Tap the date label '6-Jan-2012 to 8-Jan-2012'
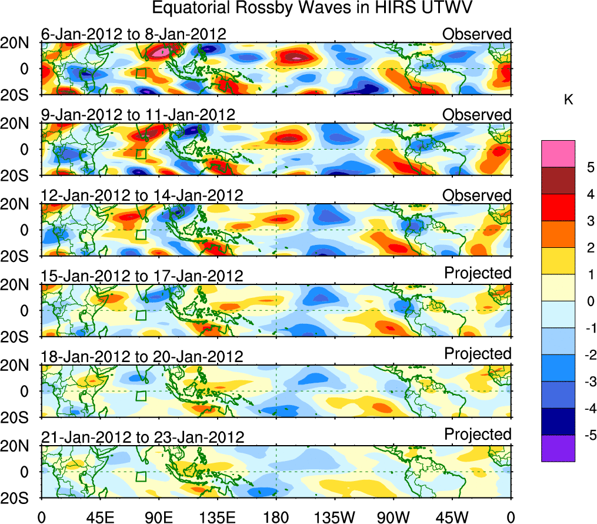tap(134, 34)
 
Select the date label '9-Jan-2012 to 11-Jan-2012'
tap(138, 114)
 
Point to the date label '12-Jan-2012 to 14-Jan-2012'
tap(142, 195)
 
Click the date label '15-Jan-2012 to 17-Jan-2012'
tap(142, 276)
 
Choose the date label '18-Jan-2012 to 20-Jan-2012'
tap(142, 356)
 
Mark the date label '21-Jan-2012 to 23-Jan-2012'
tap(142, 437)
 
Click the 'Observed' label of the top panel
tap(477, 34)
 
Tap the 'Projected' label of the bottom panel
tap(478, 435)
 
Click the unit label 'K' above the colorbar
tap(568, 101)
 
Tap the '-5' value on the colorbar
tap(588, 435)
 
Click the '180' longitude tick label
tap(276, 516)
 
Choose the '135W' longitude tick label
tap(335, 516)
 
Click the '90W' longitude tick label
tap(394, 516)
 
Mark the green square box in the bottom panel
tap(141, 476)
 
